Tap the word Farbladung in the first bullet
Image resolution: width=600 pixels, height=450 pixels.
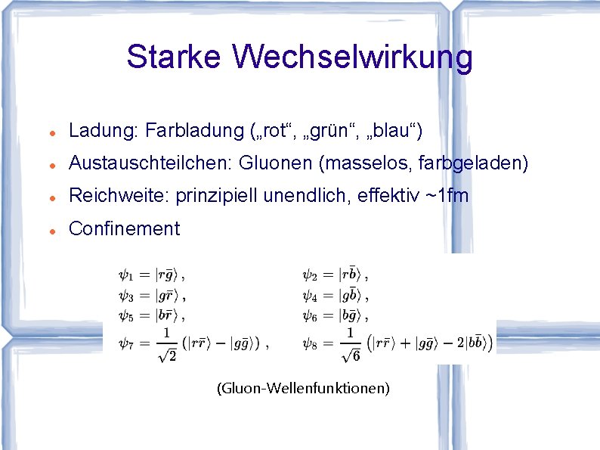(x=193, y=132)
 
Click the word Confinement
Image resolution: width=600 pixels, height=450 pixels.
(x=124, y=228)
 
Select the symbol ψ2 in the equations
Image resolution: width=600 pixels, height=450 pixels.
(x=310, y=275)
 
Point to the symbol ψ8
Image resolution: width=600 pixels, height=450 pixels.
(x=310, y=343)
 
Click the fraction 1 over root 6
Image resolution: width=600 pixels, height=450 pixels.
(x=350, y=344)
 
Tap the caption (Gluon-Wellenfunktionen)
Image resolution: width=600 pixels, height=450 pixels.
(x=303, y=389)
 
